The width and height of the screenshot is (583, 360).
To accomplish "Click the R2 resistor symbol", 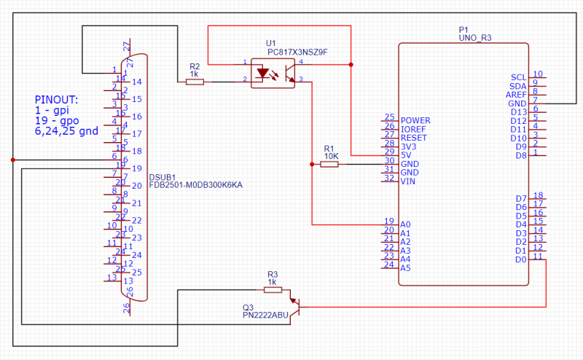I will click(195, 82).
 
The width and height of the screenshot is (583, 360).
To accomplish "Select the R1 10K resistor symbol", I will click(329, 165).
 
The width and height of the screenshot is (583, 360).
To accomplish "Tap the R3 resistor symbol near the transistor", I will click(273, 289).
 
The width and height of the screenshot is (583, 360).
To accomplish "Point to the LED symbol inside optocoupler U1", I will click(266, 74).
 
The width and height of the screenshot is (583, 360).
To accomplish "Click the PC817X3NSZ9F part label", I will click(297, 52).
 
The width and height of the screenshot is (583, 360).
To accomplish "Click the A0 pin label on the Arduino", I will click(406, 224).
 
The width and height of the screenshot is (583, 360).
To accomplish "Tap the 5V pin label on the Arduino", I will click(406, 155).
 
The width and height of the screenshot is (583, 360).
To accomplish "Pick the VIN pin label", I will click(408, 181).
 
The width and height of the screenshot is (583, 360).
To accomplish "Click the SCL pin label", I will click(518, 77).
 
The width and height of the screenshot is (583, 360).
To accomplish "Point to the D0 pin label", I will click(520, 259).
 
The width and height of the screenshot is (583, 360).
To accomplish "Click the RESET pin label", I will click(414, 138).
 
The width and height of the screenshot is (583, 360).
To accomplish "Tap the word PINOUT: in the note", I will click(56, 99).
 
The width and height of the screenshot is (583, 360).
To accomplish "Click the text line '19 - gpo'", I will click(57, 120).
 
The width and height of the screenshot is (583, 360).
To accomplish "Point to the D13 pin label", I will click(518, 112).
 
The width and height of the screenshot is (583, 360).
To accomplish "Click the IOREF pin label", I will click(413, 129).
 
